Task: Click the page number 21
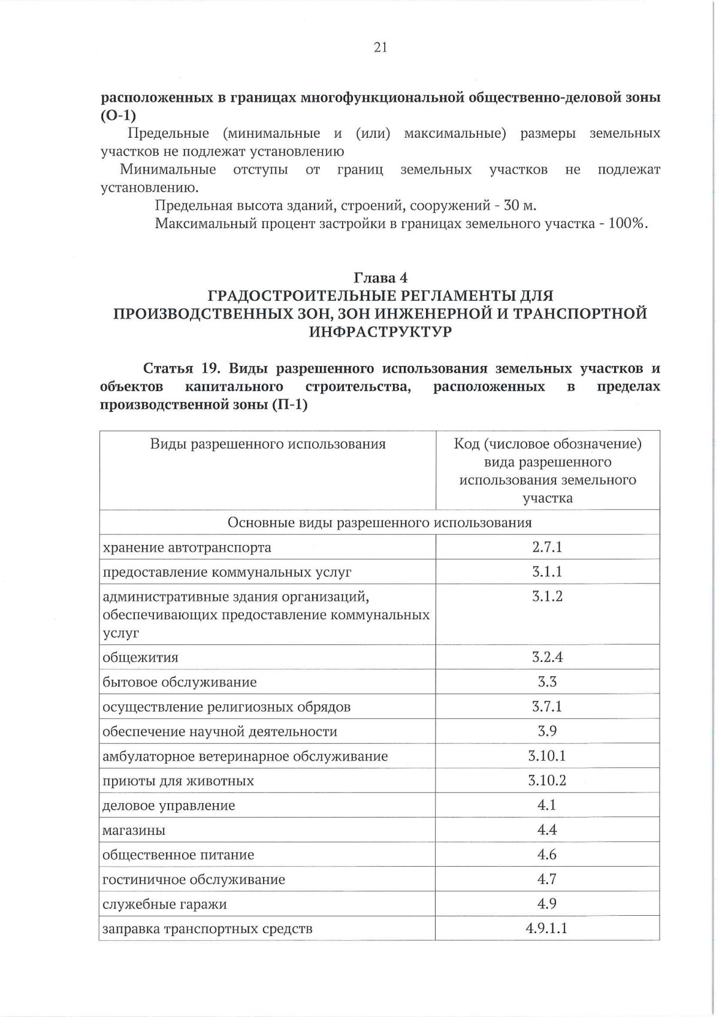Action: click(x=380, y=48)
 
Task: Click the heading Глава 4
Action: click(x=380, y=278)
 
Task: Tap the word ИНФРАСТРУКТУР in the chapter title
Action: click(x=380, y=332)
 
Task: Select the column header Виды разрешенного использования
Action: click(x=268, y=444)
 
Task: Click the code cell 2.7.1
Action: click(x=547, y=547)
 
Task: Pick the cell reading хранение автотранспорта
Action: click(x=187, y=547)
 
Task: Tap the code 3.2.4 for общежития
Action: click(x=547, y=657)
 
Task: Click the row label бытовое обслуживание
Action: click(x=179, y=682)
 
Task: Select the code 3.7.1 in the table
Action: click(x=547, y=707)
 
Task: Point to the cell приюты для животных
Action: click(x=178, y=781)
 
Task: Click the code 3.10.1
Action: click(x=547, y=756)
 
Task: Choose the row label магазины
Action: click(x=134, y=831)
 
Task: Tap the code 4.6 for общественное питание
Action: click(x=547, y=855)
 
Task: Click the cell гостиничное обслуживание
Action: click(x=194, y=880)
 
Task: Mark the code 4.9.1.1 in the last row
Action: click(x=547, y=929)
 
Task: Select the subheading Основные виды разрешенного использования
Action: click(x=379, y=523)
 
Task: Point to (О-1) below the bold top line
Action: click(x=118, y=116)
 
